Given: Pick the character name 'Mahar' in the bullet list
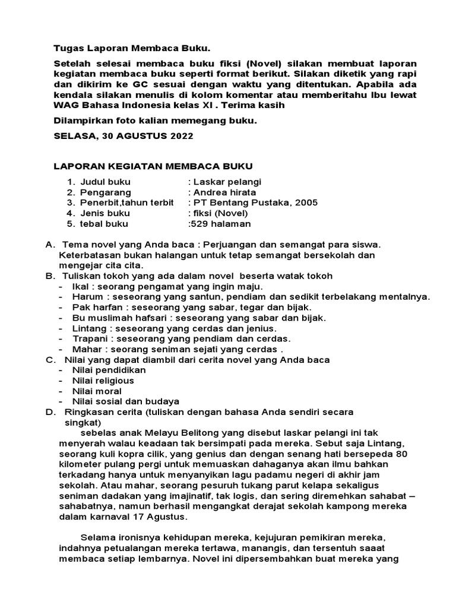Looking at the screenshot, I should pos(85,349).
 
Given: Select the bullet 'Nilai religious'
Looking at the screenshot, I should pos(103,381).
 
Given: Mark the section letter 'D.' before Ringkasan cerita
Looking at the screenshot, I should pos(51,412).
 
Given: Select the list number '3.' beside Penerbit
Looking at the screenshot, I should pos(71,203).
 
